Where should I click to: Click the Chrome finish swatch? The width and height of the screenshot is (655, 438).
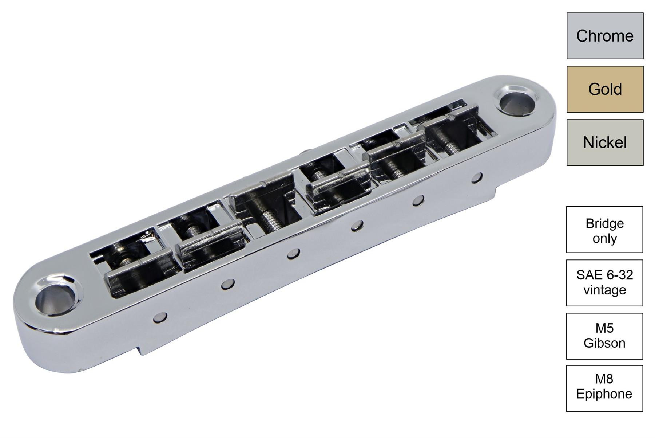tap(605, 36)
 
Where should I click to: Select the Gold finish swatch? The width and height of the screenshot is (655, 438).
tap(605, 89)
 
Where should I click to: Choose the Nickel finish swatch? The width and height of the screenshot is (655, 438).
tap(605, 142)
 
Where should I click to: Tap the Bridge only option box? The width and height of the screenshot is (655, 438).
tap(604, 230)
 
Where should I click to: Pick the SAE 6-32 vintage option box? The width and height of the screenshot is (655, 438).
tap(604, 283)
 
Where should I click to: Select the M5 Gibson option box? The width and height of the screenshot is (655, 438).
tap(604, 336)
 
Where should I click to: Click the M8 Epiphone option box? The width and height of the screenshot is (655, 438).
tap(604, 388)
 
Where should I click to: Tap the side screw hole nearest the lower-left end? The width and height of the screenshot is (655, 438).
tap(159, 317)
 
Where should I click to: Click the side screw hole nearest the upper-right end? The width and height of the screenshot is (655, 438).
tap(477, 177)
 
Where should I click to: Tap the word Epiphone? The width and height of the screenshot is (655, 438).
tap(604, 394)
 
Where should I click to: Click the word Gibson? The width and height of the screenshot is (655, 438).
tap(604, 343)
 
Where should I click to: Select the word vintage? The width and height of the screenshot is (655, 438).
tap(604, 290)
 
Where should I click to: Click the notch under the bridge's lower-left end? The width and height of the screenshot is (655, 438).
tap(140, 351)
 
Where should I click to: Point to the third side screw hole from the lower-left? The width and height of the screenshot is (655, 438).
tap(293, 254)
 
